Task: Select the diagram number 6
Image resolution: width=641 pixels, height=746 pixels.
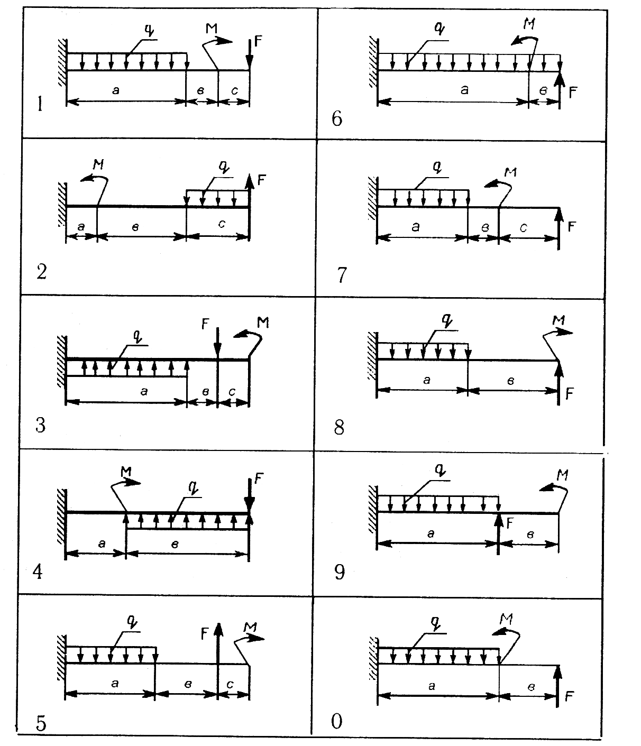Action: coord(336,119)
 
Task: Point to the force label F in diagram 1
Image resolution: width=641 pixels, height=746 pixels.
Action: coord(258,41)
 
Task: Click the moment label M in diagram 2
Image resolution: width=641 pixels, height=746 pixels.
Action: coord(98,164)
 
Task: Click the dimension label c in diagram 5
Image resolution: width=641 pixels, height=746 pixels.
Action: coord(230,684)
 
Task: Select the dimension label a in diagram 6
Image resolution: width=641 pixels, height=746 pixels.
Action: coord(464,89)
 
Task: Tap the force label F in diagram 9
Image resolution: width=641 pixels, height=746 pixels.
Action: coord(509,523)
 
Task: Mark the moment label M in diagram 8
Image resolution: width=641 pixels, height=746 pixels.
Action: coord(558,320)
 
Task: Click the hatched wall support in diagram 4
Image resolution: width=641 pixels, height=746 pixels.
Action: coord(61,517)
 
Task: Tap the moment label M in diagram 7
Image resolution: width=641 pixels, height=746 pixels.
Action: coord(510,172)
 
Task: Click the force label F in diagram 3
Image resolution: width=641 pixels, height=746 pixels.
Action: coord(205,324)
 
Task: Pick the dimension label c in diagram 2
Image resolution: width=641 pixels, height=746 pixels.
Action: coord(222,224)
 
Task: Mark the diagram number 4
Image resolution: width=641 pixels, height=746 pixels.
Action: coord(37,572)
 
